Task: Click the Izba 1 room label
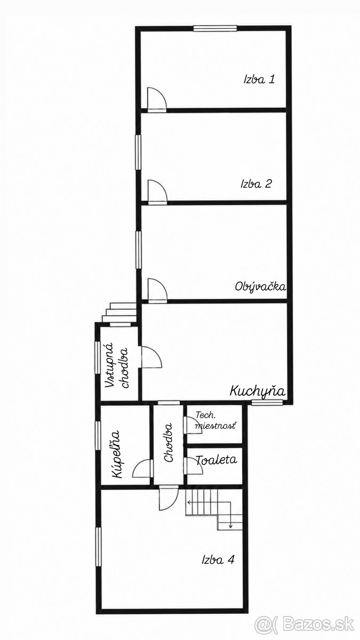pyautogui.click(x=259, y=79)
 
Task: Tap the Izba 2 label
pyautogui.click(x=256, y=183)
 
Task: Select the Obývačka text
pyautogui.click(x=260, y=286)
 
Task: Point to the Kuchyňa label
pyautogui.click(x=258, y=390)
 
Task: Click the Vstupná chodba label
pyautogui.click(x=117, y=365)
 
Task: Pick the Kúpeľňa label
pyautogui.click(x=116, y=454)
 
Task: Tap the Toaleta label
pyautogui.click(x=217, y=460)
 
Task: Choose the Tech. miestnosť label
pyautogui.click(x=215, y=421)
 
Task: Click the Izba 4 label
pyautogui.click(x=218, y=559)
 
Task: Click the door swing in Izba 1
pyautogui.click(x=157, y=99)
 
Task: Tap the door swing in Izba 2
pyautogui.click(x=157, y=191)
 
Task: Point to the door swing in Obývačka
pyautogui.click(x=157, y=290)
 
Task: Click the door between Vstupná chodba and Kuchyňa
pyautogui.click(x=151, y=357)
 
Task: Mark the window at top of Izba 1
pyautogui.click(x=215, y=28)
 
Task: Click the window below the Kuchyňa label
pyautogui.click(x=267, y=402)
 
